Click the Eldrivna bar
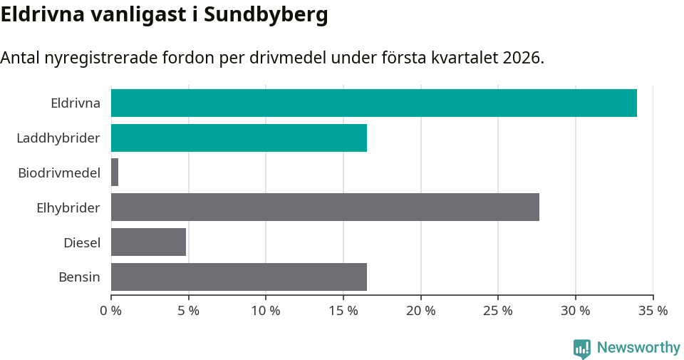(x=374, y=103)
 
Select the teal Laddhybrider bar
(x=239, y=138)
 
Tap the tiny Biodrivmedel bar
(x=115, y=173)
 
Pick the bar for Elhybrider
(x=325, y=207)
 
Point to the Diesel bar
(x=148, y=242)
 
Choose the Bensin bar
(x=239, y=277)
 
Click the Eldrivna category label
(x=75, y=103)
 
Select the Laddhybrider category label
(x=58, y=138)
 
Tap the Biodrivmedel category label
(x=59, y=173)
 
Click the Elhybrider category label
(x=68, y=207)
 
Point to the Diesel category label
(x=81, y=242)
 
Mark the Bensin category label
(x=79, y=277)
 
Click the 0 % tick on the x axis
(x=111, y=311)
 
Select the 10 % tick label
(x=266, y=311)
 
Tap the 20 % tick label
(x=420, y=311)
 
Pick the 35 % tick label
(x=653, y=311)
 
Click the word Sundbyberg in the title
(x=266, y=14)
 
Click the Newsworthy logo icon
(x=582, y=348)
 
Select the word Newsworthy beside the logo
(x=638, y=348)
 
